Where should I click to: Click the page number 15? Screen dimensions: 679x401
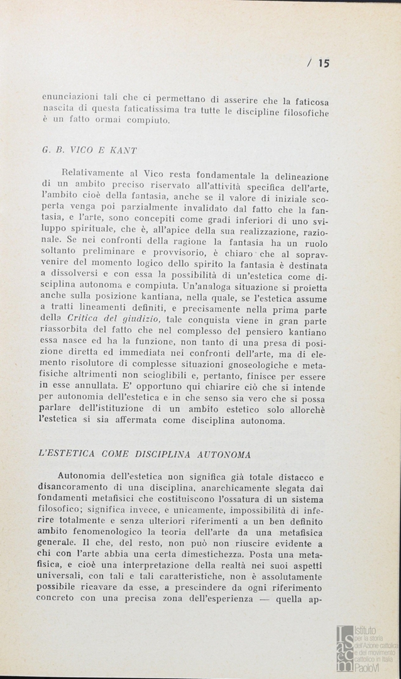tap(324, 62)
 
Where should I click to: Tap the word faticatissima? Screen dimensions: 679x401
tap(150, 109)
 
